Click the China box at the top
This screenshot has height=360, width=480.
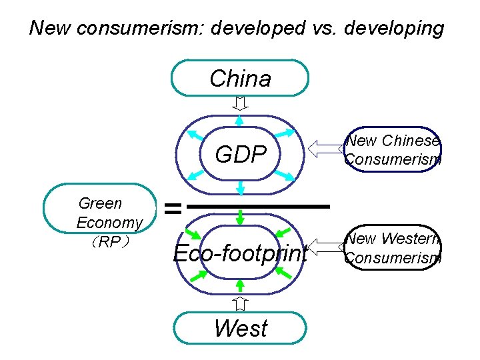point(240,79)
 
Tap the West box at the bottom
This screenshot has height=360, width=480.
point(240,329)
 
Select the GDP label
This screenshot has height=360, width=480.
point(240,154)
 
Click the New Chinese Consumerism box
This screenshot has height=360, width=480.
point(392,149)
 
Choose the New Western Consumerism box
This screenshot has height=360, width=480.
point(393,248)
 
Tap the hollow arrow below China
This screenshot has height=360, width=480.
point(241,103)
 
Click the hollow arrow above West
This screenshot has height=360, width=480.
point(241,304)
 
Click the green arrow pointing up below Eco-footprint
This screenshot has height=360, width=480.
point(241,286)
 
